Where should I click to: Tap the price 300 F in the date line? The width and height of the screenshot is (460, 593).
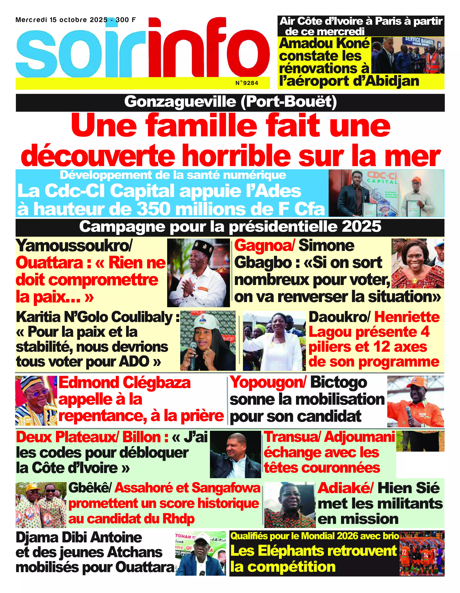point(126,20)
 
